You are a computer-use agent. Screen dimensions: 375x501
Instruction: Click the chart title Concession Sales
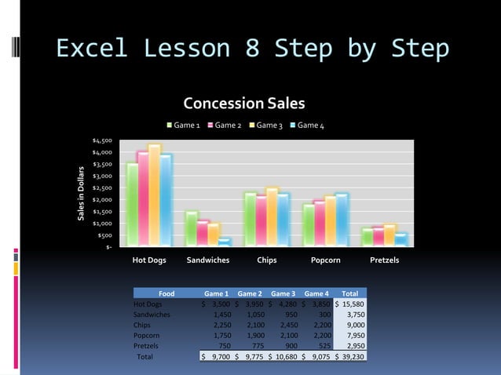click(243, 104)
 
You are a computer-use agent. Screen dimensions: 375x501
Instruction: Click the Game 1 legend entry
click(183, 126)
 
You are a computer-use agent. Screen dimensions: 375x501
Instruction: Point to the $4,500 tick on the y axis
click(102, 140)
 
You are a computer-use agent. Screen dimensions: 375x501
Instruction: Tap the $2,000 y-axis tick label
click(102, 200)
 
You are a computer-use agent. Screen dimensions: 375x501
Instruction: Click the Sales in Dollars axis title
click(80, 193)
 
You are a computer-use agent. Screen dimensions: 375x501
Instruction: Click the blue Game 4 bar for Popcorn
click(341, 219)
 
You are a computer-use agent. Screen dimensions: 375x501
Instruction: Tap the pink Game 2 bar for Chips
click(261, 220)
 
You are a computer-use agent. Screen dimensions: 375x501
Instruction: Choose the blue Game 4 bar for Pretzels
click(401, 239)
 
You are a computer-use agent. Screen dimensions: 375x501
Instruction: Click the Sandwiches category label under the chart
click(207, 260)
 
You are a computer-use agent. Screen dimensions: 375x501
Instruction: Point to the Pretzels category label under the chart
click(384, 260)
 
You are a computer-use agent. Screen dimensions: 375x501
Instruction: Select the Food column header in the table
click(166, 293)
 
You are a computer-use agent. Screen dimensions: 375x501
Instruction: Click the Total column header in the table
click(349, 293)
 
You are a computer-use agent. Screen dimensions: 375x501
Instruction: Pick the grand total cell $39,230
click(349, 356)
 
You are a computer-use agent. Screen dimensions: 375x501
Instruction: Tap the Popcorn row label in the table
click(148, 335)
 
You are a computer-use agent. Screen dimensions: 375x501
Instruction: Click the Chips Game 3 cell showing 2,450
click(283, 325)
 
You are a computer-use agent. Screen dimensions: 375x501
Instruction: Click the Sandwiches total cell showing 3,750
click(349, 315)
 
